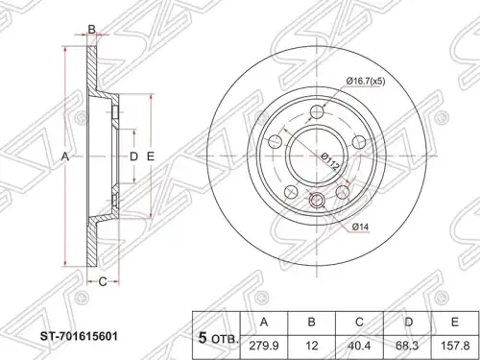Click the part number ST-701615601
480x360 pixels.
(x=79, y=337)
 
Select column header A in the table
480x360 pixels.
(x=264, y=324)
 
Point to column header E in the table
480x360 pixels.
(x=455, y=324)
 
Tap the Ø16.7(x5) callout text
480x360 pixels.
(x=366, y=82)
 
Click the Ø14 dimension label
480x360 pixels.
(x=360, y=228)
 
